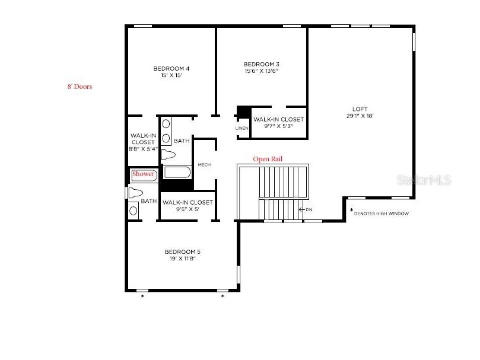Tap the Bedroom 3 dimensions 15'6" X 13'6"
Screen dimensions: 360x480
[261, 71]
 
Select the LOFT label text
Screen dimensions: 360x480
[360, 109]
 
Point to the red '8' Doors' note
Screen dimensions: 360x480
[80, 87]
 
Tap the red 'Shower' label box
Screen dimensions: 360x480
[143, 174]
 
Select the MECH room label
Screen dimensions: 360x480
[204, 165]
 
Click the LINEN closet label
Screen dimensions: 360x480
[241, 128]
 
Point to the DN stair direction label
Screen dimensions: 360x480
[308, 209]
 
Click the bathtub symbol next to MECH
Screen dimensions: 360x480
[177, 173]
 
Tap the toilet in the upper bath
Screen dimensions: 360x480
[170, 155]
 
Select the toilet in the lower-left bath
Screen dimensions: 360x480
[136, 193]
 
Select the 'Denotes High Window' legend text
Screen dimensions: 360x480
[381, 213]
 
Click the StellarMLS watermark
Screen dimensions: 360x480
[425, 179]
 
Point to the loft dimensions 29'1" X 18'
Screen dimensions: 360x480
[360, 116]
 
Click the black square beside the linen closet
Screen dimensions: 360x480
[243, 111]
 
